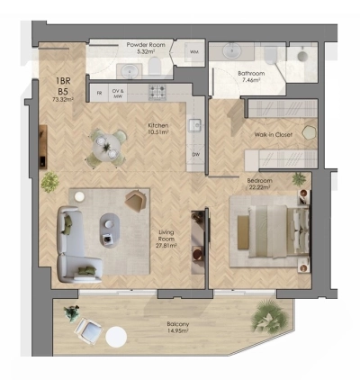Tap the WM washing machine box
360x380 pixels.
point(193,53)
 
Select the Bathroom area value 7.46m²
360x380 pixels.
point(249,80)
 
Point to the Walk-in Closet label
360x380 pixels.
point(274,136)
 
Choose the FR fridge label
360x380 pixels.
point(98,91)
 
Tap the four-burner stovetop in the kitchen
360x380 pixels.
point(157,91)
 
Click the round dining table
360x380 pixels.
point(106,144)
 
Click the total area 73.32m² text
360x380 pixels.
point(63,100)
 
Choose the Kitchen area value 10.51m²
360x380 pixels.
point(162,133)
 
